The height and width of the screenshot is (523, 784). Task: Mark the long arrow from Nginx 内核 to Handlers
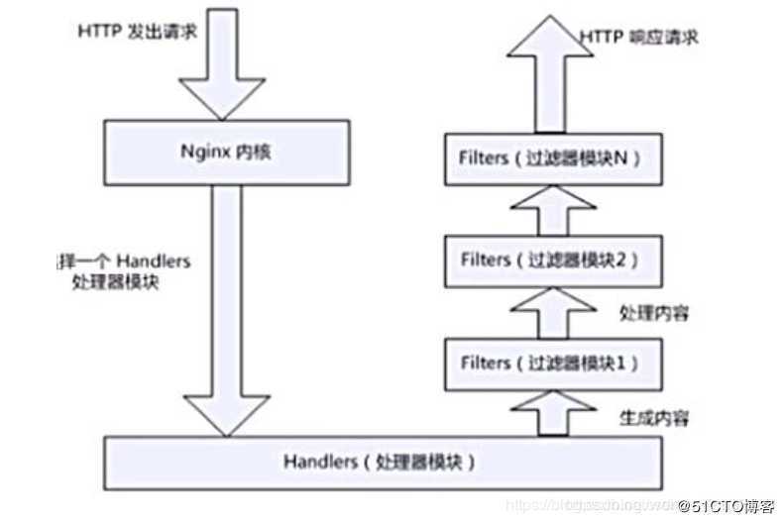pos(227,307)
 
